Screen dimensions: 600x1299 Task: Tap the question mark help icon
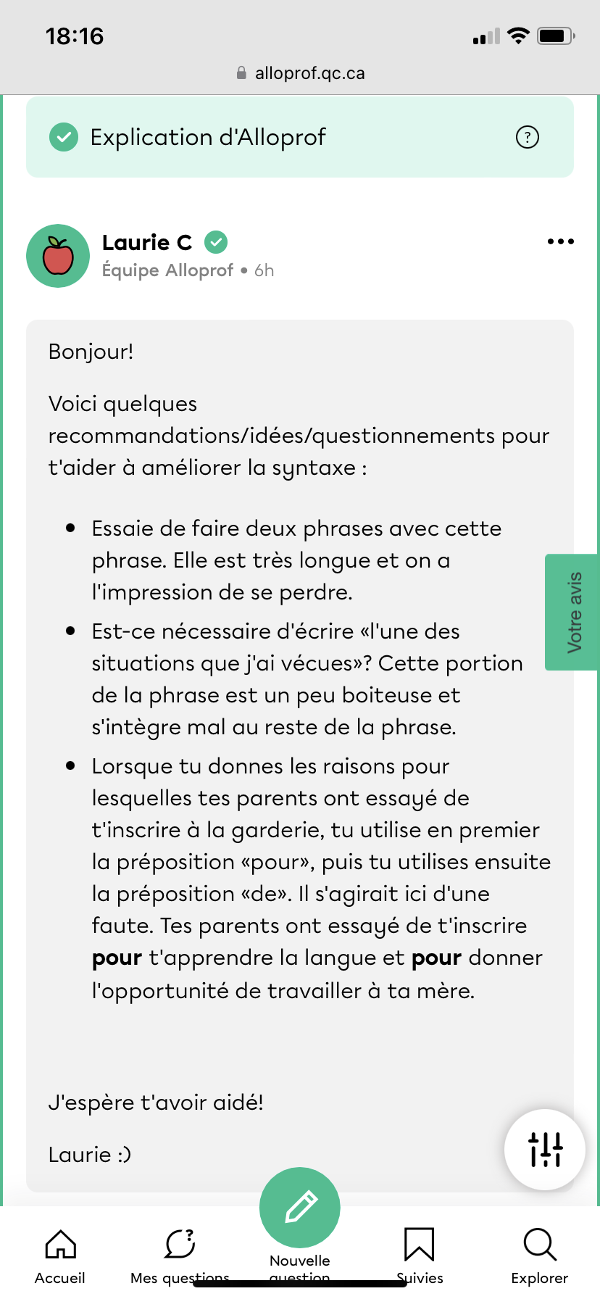point(527,137)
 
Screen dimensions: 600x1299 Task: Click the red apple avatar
point(58,256)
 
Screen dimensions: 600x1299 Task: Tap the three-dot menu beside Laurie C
point(560,242)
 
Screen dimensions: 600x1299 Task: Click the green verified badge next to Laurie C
point(216,242)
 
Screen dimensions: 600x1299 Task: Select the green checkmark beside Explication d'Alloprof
point(64,137)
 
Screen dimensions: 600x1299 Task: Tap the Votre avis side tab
point(572,613)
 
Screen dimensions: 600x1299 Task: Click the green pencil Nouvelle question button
point(300,1207)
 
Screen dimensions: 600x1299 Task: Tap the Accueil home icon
point(60,1245)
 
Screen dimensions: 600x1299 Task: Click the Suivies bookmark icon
point(419,1245)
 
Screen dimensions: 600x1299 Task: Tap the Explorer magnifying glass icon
point(539,1245)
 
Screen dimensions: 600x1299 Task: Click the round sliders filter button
point(545,1150)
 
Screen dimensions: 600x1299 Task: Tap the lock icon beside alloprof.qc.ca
point(241,73)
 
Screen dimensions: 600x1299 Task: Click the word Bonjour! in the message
point(91,352)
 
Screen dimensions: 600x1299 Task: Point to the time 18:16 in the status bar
point(75,36)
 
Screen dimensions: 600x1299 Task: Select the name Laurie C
point(147,242)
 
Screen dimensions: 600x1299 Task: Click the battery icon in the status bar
point(555,36)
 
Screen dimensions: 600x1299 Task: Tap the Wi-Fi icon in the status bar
point(518,36)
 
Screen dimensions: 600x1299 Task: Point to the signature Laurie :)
point(90,1155)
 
